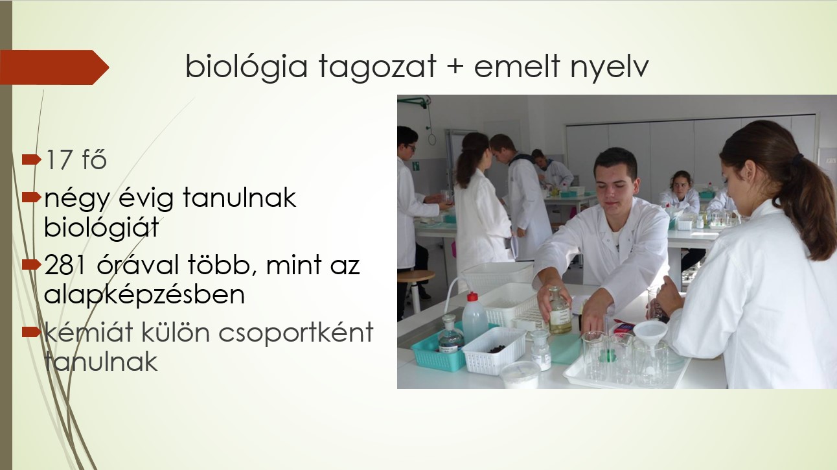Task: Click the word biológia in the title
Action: pyautogui.click(x=246, y=66)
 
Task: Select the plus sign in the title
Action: pyautogui.click(x=455, y=67)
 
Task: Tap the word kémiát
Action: pyautogui.click(x=89, y=332)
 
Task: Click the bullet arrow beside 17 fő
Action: pyautogui.click(x=31, y=159)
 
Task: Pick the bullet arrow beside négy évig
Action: pyautogui.click(x=31, y=197)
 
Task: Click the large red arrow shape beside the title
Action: pyautogui.click(x=54, y=67)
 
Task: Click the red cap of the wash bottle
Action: pyautogui.click(x=472, y=297)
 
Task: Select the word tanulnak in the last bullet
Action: pyautogui.click(x=101, y=362)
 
